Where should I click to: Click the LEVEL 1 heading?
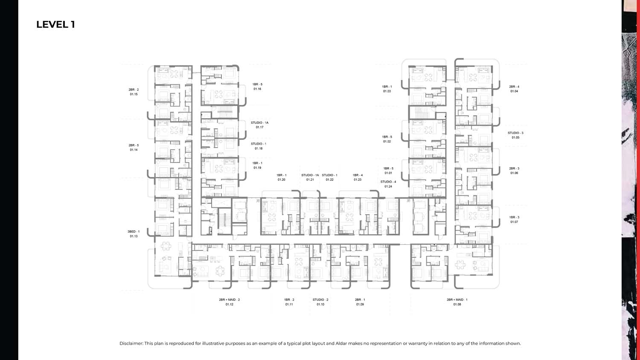pyautogui.click(x=56, y=25)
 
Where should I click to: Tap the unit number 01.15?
pyautogui.click(x=134, y=94)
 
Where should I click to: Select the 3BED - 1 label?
pyautogui.click(x=134, y=232)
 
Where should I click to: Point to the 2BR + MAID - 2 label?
pyautogui.click(x=230, y=300)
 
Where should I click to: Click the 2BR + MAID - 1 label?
pyautogui.click(x=457, y=300)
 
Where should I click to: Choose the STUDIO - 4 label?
pyautogui.click(x=388, y=182)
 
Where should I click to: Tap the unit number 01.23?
pyautogui.click(x=358, y=180)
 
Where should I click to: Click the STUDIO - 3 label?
pyautogui.click(x=516, y=133)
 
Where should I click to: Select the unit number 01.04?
pyautogui.click(x=514, y=91)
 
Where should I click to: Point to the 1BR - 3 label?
pyautogui.click(x=514, y=218)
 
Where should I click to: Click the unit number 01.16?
pyautogui.click(x=257, y=89)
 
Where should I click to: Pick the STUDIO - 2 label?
pyautogui.click(x=320, y=300)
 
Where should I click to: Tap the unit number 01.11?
pyautogui.click(x=289, y=305)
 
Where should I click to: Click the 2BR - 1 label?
pyautogui.click(x=360, y=300)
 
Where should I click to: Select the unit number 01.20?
pyautogui.click(x=282, y=180)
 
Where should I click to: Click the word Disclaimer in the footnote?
pyautogui.click(x=131, y=343)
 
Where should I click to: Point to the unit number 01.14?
pyautogui.click(x=134, y=150)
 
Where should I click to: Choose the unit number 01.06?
pyautogui.click(x=514, y=173)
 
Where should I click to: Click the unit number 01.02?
pyautogui.click(x=387, y=142)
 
